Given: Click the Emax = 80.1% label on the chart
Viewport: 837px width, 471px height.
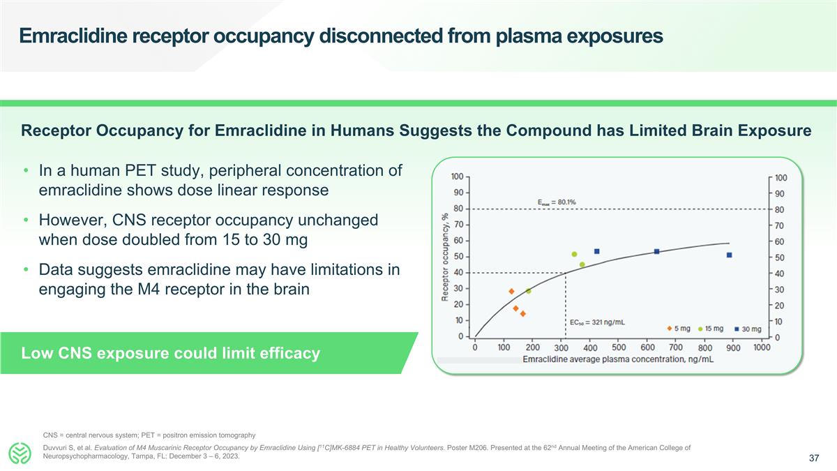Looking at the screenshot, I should (556, 202).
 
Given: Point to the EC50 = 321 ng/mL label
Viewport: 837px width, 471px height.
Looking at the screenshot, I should (597, 322).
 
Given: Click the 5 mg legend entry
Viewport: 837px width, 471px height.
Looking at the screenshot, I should (680, 329).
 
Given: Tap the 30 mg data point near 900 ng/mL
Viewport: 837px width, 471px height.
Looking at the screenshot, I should (729, 255).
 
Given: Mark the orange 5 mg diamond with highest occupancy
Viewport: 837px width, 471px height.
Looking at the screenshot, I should (511, 291).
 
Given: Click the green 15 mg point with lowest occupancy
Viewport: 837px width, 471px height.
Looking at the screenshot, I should (528, 291).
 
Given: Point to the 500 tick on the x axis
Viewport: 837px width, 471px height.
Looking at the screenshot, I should (618, 347).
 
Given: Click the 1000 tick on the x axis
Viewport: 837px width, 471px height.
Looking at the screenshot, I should (761, 347).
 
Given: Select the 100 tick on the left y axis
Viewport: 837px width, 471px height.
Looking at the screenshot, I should (458, 177).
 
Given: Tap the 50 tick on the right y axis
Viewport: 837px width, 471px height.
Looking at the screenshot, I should (780, 257).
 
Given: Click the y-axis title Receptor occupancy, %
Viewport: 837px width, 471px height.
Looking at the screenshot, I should (444, 257).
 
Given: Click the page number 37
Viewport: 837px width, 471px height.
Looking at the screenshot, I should (813, 458).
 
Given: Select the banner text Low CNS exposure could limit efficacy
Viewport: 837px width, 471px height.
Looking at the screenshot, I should (171, 353).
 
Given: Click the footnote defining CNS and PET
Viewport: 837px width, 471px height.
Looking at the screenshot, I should (149, 435).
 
